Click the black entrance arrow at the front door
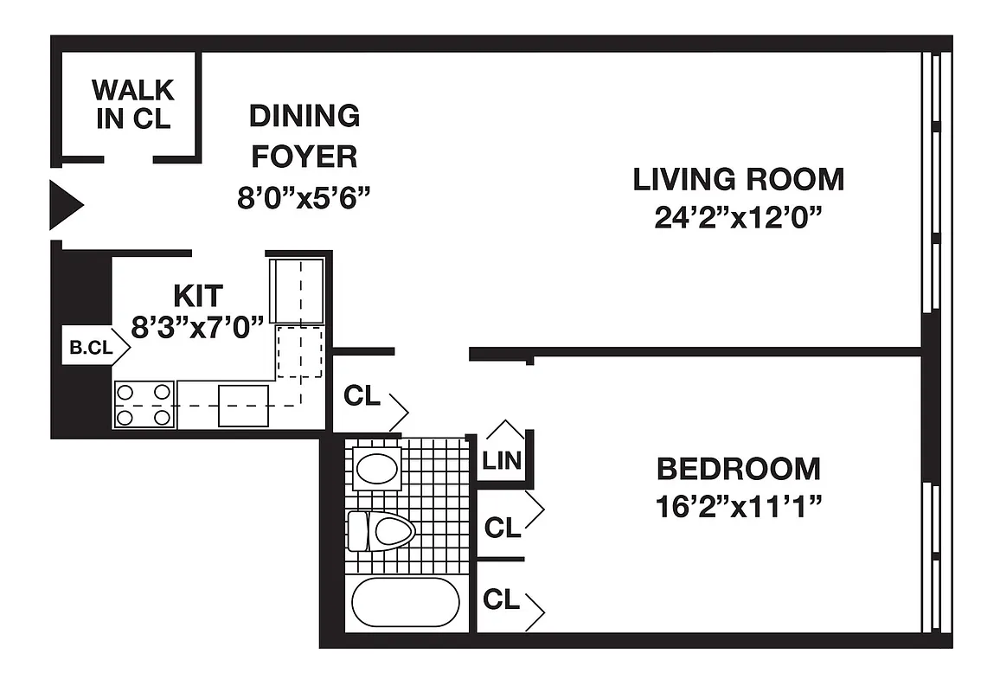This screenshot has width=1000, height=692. [65, 205]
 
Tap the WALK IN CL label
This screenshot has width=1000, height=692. [132, 104]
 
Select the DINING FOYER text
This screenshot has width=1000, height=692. [304, 136]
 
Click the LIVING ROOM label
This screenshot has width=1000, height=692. [739, 180]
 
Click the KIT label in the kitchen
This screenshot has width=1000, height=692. [198, 296]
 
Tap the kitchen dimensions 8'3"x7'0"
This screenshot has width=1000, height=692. [197, 328]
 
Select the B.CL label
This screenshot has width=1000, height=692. [90, 349]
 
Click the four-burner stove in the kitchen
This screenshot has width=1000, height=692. [144, 405]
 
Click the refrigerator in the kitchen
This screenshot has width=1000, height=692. [298, 290]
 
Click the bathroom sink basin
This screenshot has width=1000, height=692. [377, 468]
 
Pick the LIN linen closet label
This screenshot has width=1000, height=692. [503, 460]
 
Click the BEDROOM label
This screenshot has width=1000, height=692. [738, 469]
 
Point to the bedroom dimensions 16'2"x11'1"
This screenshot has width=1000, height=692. [738, 506]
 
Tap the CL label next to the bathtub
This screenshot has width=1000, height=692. [503, 599]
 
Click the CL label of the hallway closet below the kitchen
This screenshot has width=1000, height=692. [362, 396]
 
